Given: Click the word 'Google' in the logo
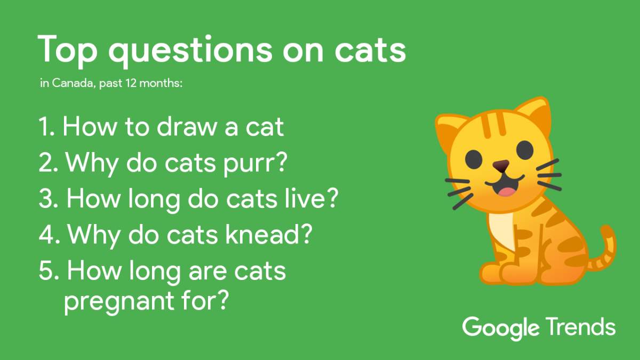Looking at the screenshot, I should (501, 327).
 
